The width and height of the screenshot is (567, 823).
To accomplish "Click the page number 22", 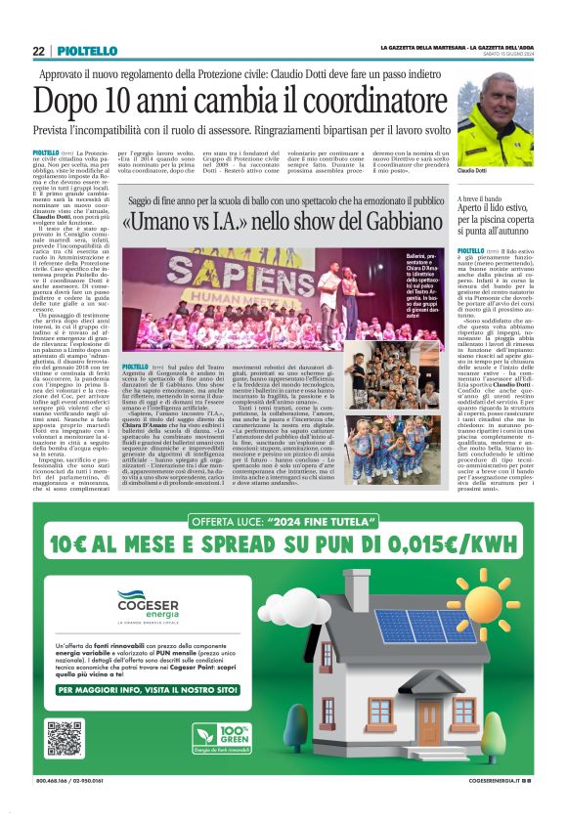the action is point(39,51).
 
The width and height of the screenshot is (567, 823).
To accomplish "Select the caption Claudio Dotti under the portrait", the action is point(474,171).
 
